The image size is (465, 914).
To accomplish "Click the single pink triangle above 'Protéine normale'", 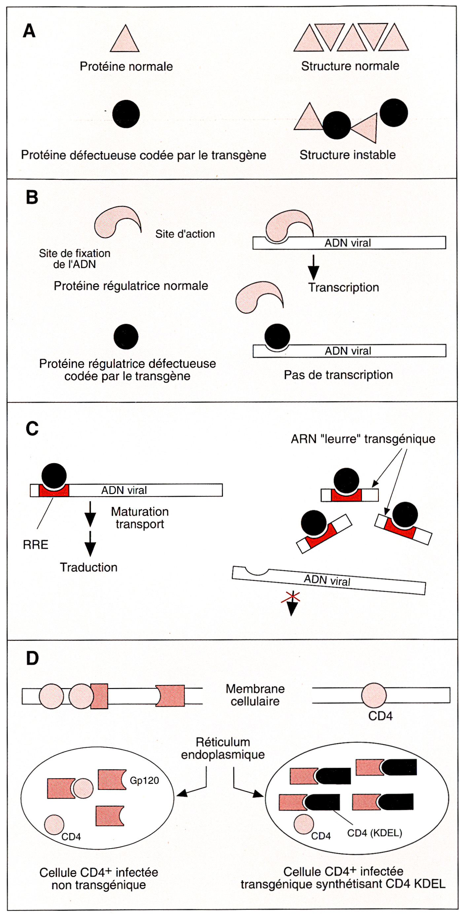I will point(125,40).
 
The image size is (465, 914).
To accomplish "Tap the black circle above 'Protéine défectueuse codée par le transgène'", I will point(126,114).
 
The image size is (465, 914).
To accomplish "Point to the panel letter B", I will point(32,197).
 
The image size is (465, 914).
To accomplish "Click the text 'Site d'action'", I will point(185,234).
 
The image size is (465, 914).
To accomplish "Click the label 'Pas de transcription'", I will point(338,375).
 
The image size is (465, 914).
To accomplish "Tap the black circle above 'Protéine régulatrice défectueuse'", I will point(126,336).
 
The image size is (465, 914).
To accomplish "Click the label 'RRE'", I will point(35,545).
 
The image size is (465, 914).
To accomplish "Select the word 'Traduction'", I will point(88,567).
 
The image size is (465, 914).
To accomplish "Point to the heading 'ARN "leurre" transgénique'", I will point(363,439).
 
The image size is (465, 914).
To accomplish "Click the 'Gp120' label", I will point(144,780).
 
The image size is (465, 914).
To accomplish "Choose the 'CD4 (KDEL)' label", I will point(374,833).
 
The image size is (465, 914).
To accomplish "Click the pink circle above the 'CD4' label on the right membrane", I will point(374,695).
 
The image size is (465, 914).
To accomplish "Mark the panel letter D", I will point(32,658).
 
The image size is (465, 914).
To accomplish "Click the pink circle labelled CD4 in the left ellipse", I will point(54,824).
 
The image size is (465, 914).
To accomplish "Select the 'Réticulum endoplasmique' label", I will point(223,748).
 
